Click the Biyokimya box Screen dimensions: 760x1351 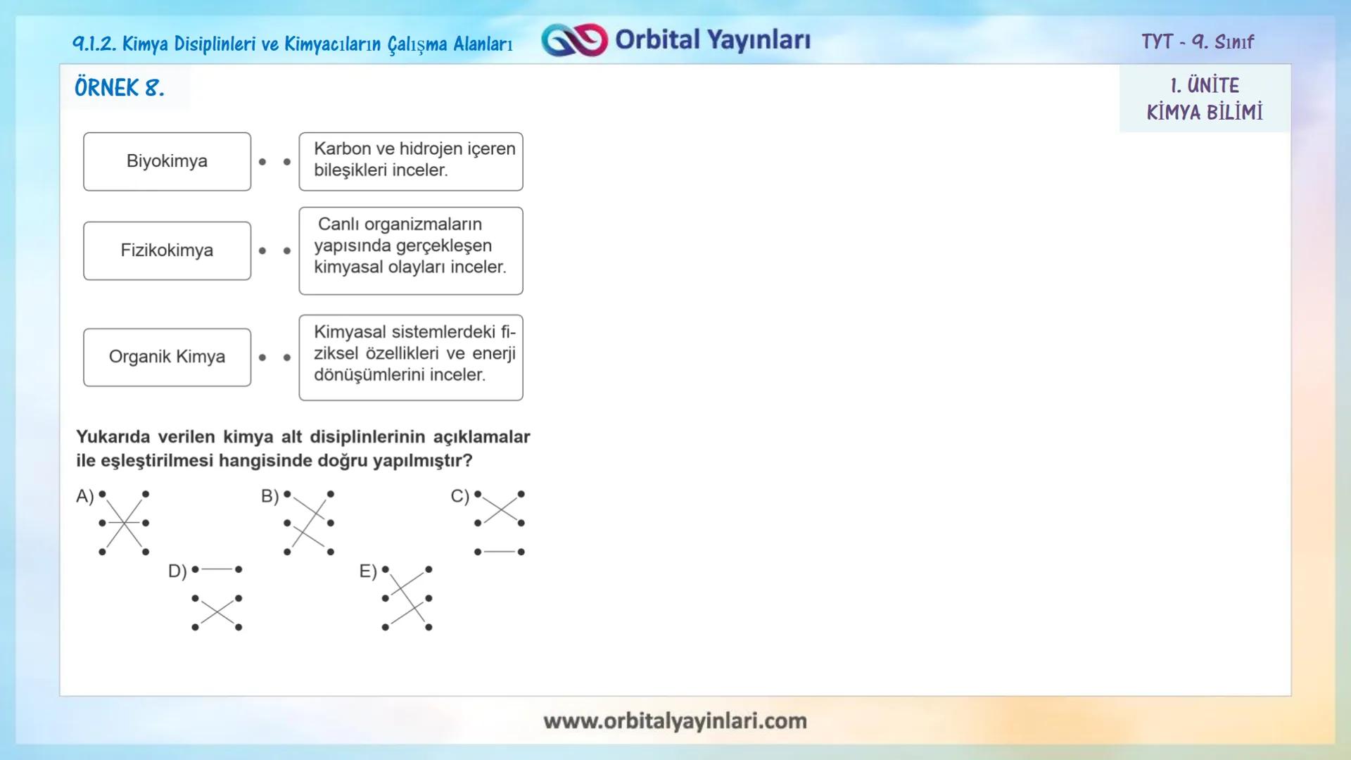167,161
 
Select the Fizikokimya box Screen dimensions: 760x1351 167,251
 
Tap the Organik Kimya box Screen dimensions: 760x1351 167,357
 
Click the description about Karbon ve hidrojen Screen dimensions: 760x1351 411,161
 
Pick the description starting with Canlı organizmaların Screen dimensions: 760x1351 411,250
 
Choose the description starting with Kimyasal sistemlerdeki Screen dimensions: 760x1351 411,357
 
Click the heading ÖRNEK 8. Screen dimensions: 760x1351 120,88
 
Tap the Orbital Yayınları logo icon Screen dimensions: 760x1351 574,40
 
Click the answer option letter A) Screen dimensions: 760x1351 84,496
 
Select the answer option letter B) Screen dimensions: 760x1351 269,496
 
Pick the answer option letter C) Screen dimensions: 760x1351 459,496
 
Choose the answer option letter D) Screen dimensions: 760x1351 177,571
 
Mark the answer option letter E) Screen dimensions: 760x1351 368,571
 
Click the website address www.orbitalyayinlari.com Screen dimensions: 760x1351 675,721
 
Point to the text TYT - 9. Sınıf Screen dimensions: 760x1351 1197,42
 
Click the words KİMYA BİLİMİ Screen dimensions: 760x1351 1205,112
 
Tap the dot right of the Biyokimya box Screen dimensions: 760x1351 262,162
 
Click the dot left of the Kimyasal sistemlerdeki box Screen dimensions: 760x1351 287,357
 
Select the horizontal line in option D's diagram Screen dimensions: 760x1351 217,569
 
